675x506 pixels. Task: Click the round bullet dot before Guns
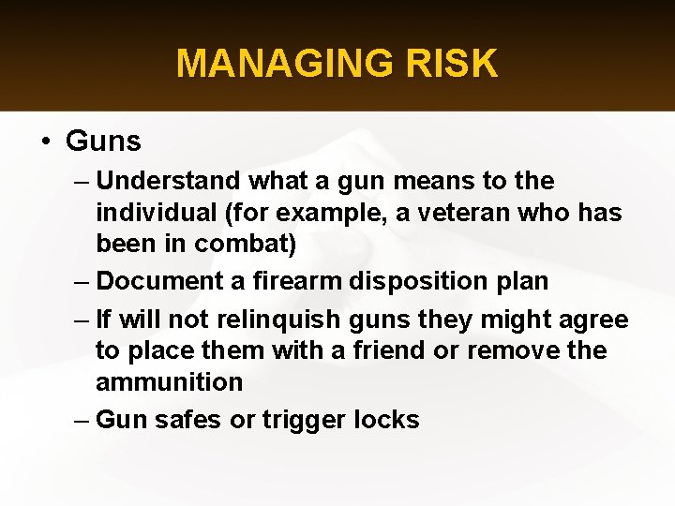click(45, 142)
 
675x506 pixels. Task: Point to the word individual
click(156, 213)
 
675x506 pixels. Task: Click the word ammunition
click(169, 382)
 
